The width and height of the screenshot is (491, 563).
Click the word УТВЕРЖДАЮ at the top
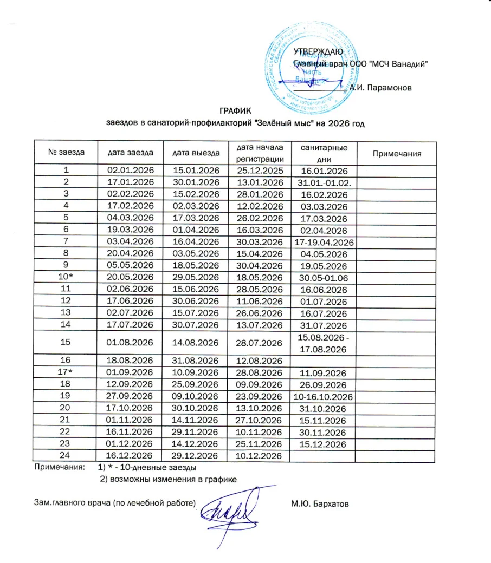coord(318,52)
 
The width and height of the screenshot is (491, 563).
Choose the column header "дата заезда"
coord(131,153)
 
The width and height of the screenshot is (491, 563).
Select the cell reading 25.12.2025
coord(260,170)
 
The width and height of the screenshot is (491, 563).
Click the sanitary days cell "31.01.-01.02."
coord(324,182)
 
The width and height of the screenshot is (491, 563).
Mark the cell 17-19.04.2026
coord(324,241)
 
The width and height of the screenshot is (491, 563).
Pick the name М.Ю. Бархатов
coord(320,504)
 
